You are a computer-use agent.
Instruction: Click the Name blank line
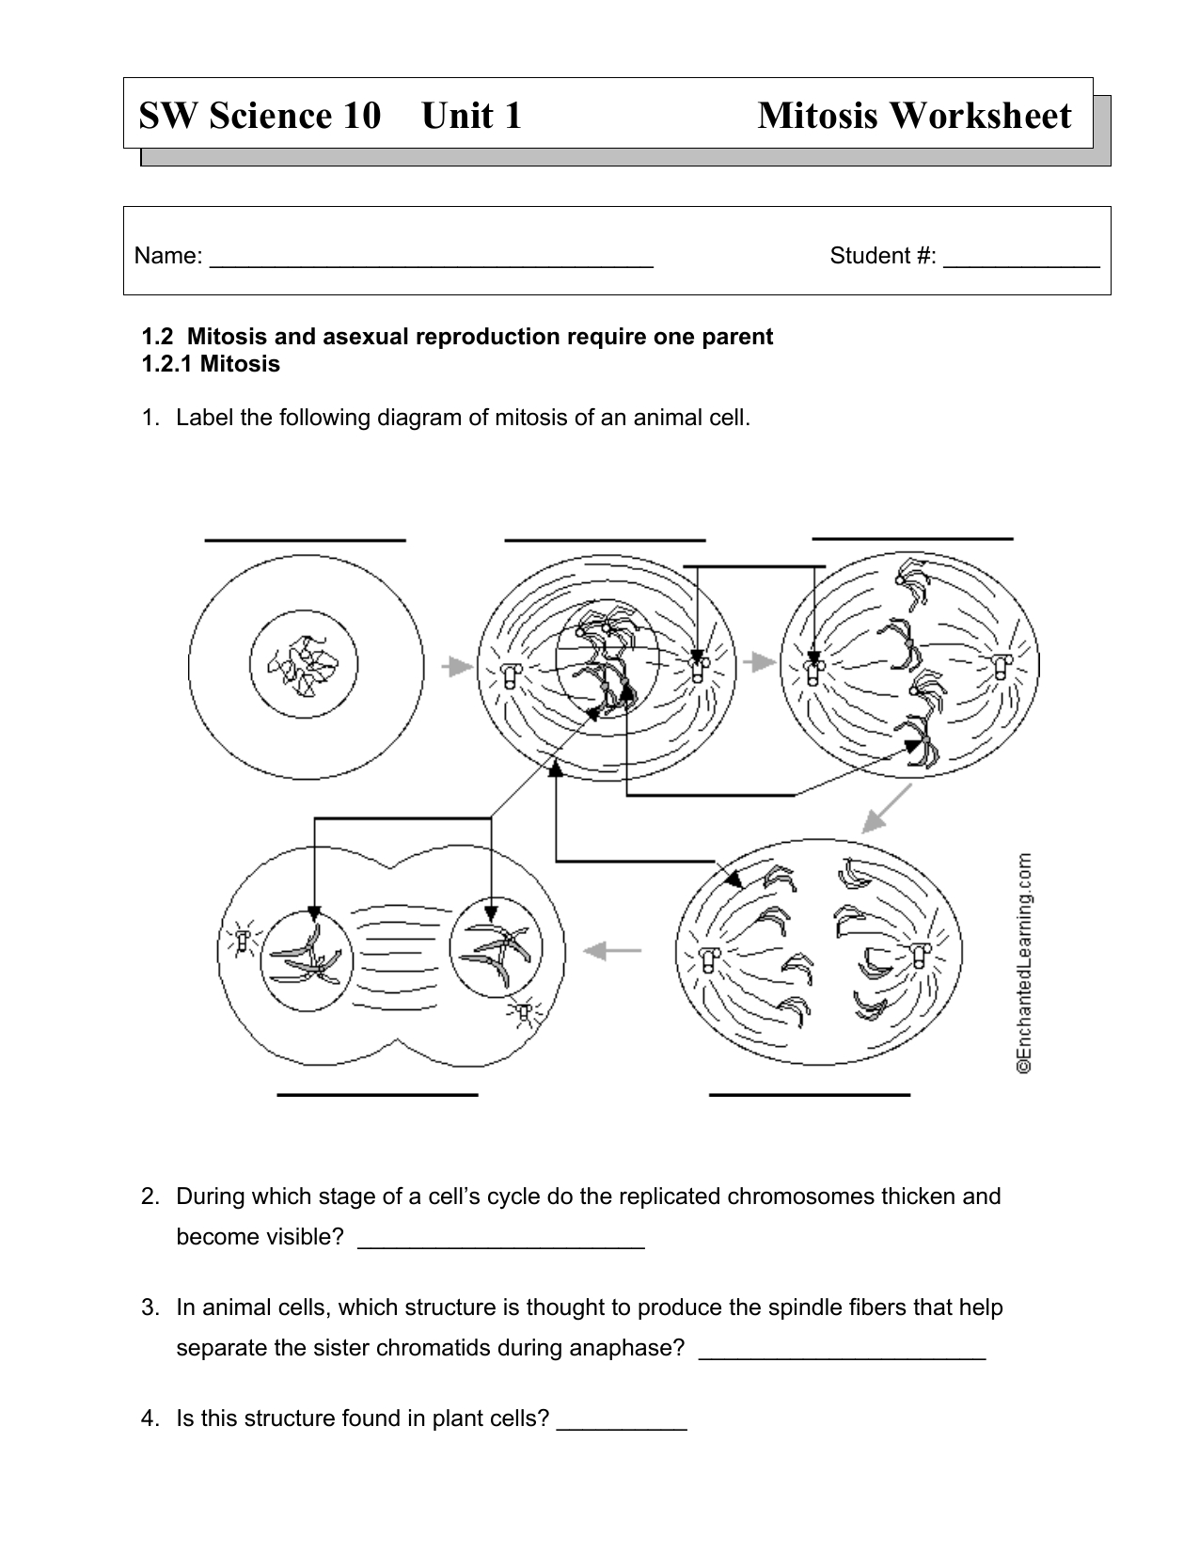[x=431, y=267]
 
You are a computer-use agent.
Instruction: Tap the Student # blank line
[x=1021, y=267]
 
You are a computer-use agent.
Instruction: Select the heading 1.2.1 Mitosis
[x=211, y=364]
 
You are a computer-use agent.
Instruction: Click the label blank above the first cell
[x=305, y=540]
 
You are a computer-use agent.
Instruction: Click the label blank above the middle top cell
[x=605, y=540]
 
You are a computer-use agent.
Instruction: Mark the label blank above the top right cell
[x=912, y=539]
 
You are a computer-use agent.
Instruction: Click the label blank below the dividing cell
[x=378, y=1095]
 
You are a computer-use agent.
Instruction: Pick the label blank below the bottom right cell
[x=810, y=1095]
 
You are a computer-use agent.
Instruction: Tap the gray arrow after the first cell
[x=457, y=666]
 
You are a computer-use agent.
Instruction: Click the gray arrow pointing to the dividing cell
[x=612, y=950]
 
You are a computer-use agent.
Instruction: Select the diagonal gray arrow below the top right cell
[x=887, y=809]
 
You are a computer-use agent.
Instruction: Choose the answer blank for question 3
[x=844, y=1358]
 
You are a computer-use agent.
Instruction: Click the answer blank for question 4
[x=622, y=1429]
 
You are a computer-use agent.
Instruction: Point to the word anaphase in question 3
[x=633, y=1348]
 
